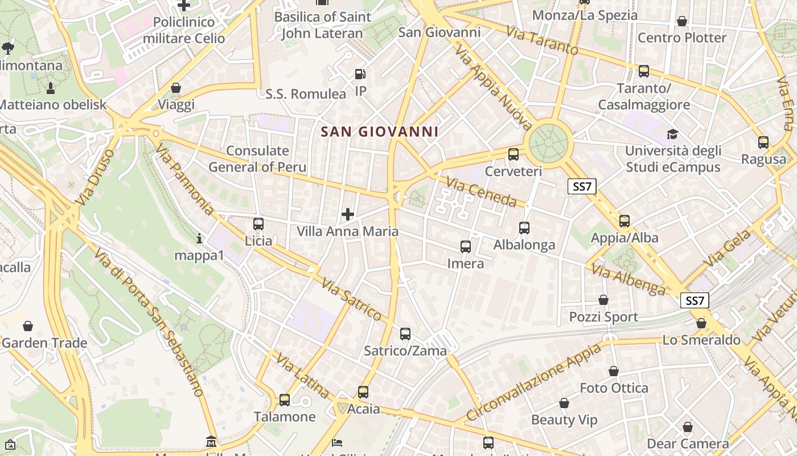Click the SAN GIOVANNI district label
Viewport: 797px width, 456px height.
coord(379,132)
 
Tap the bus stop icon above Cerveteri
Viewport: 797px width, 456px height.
coord(513,154)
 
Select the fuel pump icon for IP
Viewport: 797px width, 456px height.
coord(360,74)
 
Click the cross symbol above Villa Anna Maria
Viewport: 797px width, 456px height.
coord(348,214)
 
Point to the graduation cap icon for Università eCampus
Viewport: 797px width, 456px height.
coord(673,134)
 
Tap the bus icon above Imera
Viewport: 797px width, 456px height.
coord(466,246)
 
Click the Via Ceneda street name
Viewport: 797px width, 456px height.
coord(481,192)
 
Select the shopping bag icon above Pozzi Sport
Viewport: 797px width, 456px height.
coord(603,300)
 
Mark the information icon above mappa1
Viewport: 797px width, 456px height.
coord(199,238)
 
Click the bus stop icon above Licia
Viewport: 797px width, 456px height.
coord(258,223)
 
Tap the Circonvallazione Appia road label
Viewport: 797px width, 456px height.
coord(533,382)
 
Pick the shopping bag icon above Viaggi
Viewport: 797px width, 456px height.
coord(176,88)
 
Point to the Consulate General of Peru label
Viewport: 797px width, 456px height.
coord(257,159)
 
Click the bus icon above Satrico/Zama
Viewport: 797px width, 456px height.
coord(405,334)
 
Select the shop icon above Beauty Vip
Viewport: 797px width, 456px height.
coord(564,403)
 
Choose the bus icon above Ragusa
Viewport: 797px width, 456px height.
coord(763,142)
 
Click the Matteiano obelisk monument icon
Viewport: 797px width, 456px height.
coord(51,88)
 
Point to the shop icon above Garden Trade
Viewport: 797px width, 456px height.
coord(27,326)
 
